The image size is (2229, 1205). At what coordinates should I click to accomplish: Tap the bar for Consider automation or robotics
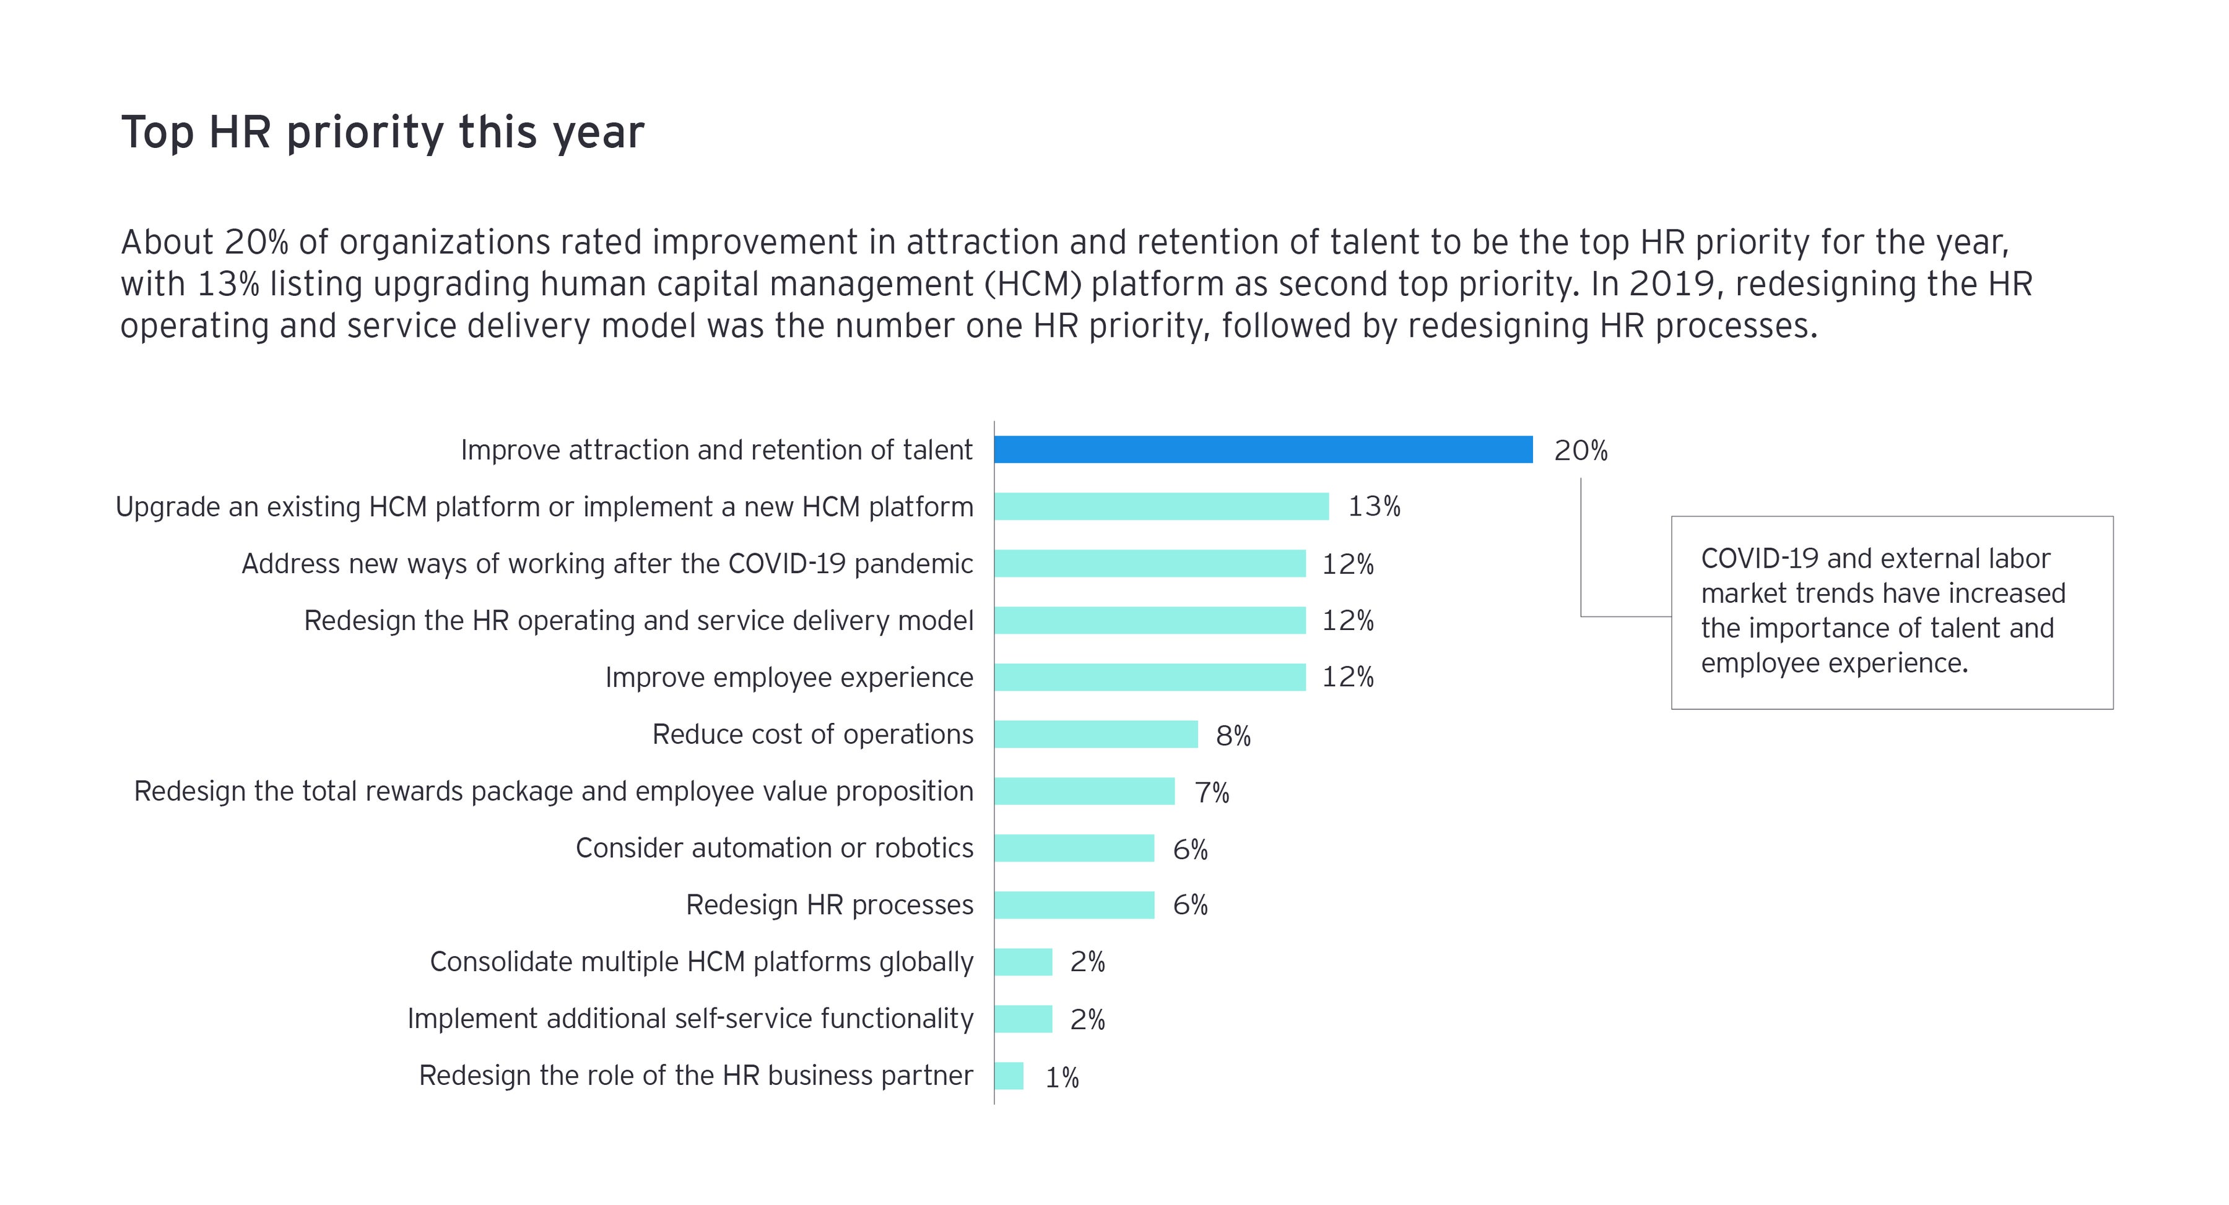coord(1074,848)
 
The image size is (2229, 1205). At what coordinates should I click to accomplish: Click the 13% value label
coord(1374,506)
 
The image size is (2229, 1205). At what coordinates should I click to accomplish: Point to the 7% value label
coord(1212,792)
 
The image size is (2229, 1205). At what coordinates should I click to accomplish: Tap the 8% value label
coord(1233,735)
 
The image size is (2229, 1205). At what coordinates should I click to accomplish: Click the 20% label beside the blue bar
coord(1580,450)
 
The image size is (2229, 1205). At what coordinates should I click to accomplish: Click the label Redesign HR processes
coord(829,905)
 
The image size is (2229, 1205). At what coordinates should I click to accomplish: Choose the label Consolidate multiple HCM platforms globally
coord(701,962)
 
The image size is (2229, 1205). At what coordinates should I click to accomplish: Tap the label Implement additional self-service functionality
coord(690,1018)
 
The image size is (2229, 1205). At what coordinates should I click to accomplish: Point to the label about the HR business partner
coord(696,1075)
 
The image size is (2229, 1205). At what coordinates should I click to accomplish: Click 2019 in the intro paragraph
coord(1671,283)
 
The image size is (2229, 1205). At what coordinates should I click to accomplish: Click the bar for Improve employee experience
coord(1149,676)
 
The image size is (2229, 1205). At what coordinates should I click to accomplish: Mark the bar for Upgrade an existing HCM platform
coord(1161,506)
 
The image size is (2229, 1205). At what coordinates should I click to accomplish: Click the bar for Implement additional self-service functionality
coord(1023,1018)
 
